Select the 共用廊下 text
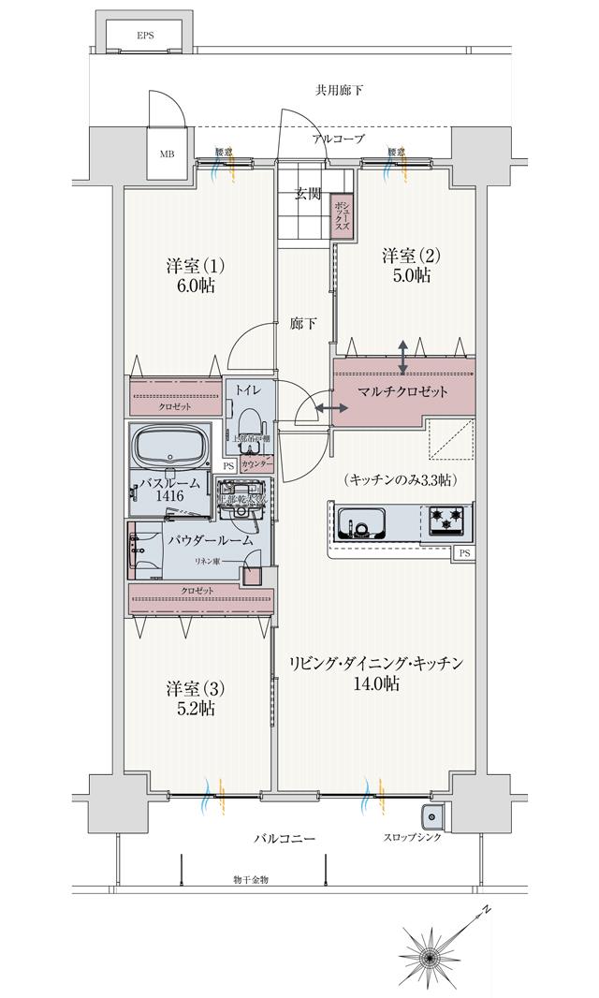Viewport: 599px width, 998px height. click(x=339, y=91)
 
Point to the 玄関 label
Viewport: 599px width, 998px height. click(x=308, y=194)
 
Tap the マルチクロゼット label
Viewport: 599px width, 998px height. click(x=403, y=391)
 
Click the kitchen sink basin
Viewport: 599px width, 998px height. click(x=362, y=522)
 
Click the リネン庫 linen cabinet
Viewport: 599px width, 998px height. click(x=251, y=574)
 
